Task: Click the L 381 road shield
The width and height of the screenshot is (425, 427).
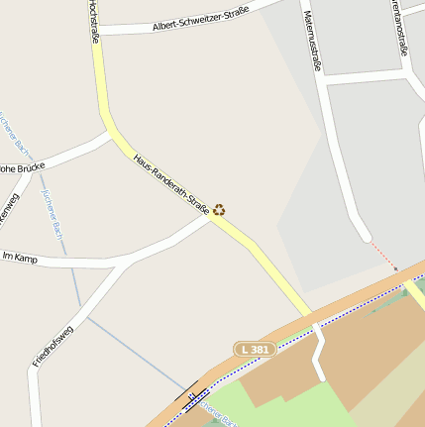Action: (x=255, y=350)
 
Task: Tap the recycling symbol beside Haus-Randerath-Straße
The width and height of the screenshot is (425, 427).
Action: (x=219, y=209)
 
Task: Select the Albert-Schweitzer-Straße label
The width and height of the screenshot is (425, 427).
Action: (x=200, y=19)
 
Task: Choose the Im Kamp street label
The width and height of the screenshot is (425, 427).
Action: (x=20, y=258)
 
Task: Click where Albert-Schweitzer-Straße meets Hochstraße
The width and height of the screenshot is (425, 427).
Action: (x=100, y=31)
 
